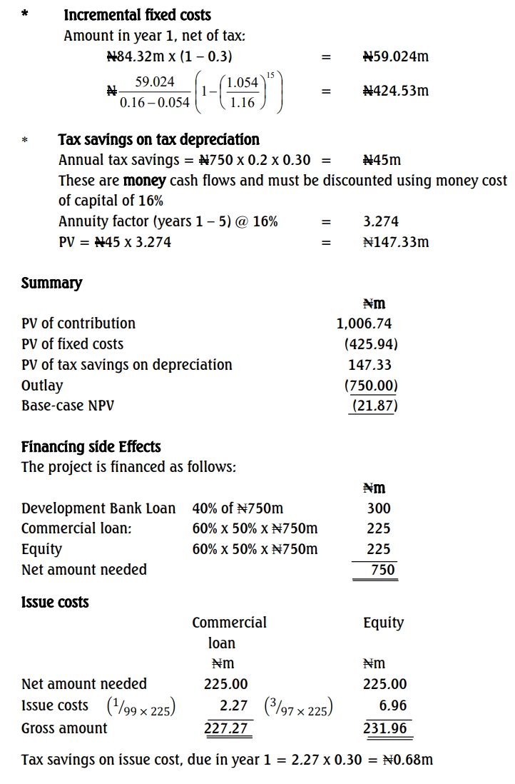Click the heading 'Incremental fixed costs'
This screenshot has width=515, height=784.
(x=137, y=15)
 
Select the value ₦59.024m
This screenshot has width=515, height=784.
(x=395, y=56)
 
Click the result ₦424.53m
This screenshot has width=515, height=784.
(x=395, y=91)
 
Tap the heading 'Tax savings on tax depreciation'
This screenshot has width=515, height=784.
(x=158, y=140)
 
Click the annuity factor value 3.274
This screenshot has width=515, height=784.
(x=381, y=221)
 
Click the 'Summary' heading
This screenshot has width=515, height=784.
(x=51, y=283)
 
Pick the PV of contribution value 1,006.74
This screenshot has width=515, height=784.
(x=364, y=323)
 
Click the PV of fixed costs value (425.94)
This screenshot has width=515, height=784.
(x=371, y=344)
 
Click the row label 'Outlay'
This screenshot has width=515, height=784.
(x=42, y=386)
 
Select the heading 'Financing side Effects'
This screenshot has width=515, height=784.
(x=91, y=447)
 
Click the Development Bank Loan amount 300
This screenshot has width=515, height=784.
(x=379, y=508)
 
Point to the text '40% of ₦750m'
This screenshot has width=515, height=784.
(x=238, y=508)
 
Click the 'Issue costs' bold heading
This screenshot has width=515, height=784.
(x=55, y=602)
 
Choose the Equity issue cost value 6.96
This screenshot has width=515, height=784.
(x=393, y=705)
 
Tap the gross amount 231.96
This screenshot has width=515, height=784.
(x=385, y=728)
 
